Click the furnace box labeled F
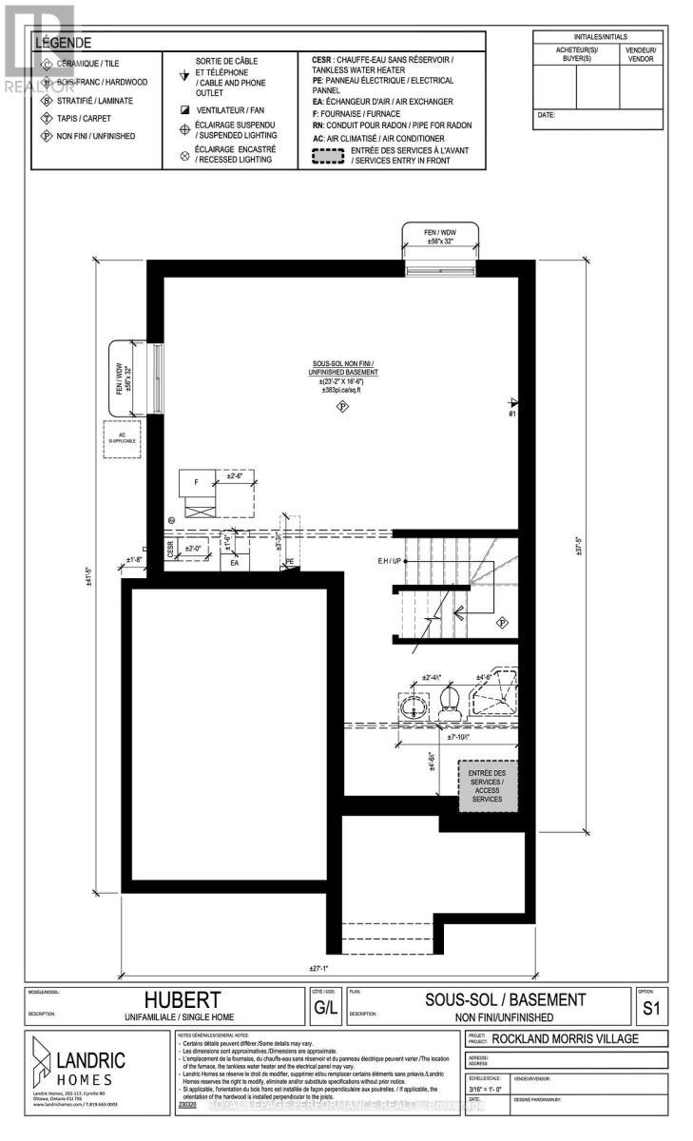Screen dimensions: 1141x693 pos(197,483)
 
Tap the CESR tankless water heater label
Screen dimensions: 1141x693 pos(171,549)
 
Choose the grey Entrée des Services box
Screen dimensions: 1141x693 pos(487,786)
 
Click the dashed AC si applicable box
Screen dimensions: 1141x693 pos(122,438)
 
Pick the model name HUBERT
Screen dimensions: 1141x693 pos(183,1000)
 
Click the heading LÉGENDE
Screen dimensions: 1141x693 pos(64,43)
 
